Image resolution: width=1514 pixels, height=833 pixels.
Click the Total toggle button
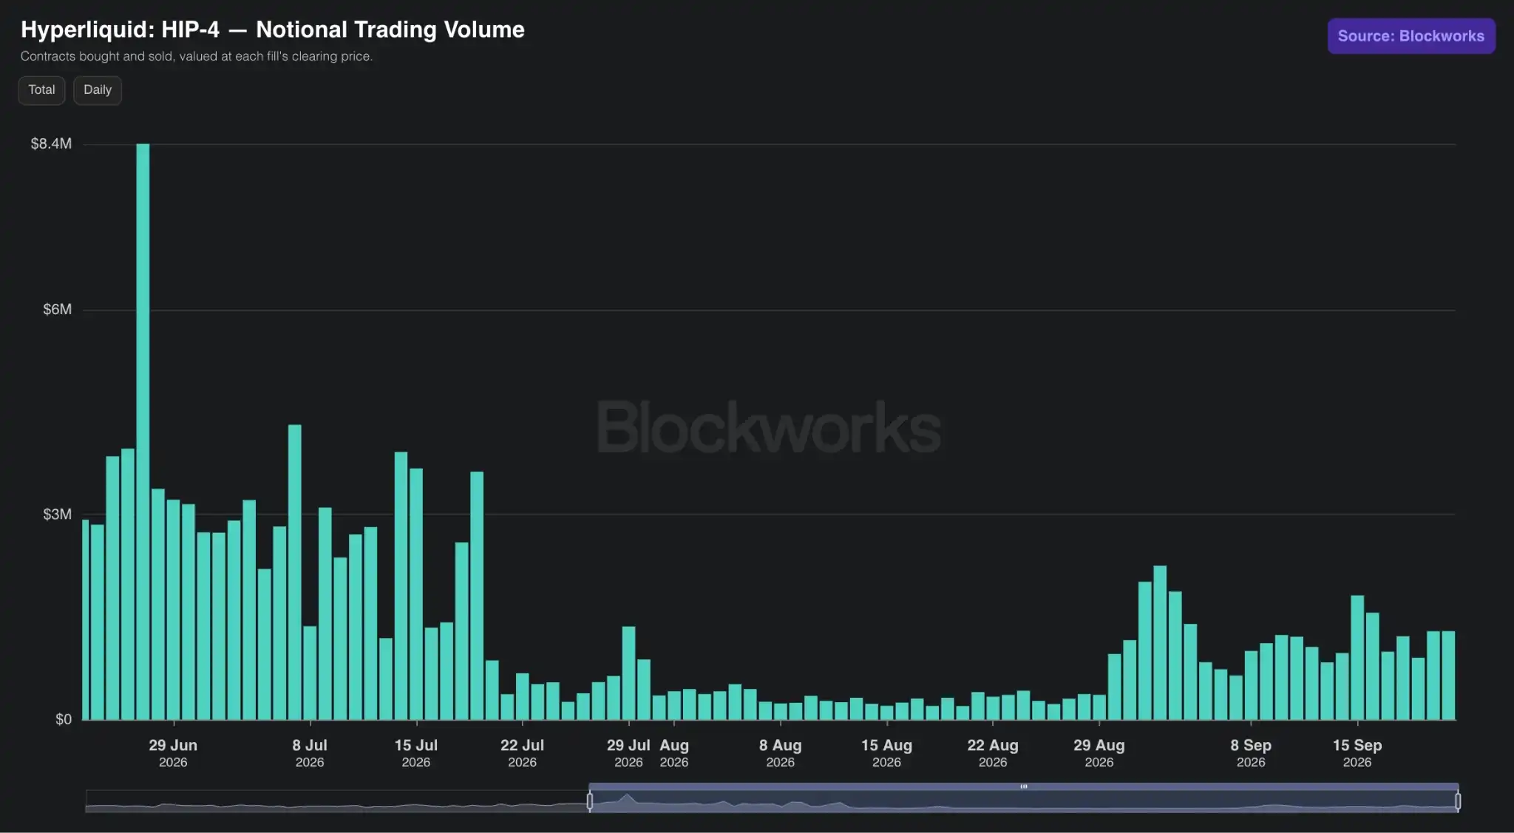pos(41,90)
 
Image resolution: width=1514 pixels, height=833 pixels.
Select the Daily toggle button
pos(98,90)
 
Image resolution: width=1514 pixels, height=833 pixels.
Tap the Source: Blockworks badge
pos(1411,36)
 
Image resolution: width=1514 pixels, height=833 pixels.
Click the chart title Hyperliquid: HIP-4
pos(120,30)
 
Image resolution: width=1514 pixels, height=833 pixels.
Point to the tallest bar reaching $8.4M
pos(143,432)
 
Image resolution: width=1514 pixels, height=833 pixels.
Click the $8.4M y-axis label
pos(51,143)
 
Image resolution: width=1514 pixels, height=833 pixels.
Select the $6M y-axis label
pos(57,310)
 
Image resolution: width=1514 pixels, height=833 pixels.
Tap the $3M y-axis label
pos(57,514)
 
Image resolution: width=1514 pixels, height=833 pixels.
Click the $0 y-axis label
pos(64,719)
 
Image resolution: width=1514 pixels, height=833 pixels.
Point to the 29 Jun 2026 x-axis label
pos(173,752)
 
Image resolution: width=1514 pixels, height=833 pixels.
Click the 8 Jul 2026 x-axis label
pos(310,752)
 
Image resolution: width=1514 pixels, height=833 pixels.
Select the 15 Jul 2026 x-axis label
pos(416,752)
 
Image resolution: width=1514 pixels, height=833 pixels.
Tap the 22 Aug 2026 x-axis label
pos(993,752)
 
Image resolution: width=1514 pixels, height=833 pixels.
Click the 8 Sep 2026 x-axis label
pos(1251,752)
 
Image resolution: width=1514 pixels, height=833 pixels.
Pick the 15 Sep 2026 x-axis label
pos(1357,752)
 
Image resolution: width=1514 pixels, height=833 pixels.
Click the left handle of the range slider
pos(590,800)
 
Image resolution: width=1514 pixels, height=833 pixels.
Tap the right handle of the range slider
pos(1458,800)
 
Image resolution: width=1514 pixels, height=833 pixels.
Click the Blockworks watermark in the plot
pos(769,427)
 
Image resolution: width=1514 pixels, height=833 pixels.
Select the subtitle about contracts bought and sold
pos(197,56)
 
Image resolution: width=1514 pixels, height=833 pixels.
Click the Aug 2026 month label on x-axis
pos(674,752)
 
